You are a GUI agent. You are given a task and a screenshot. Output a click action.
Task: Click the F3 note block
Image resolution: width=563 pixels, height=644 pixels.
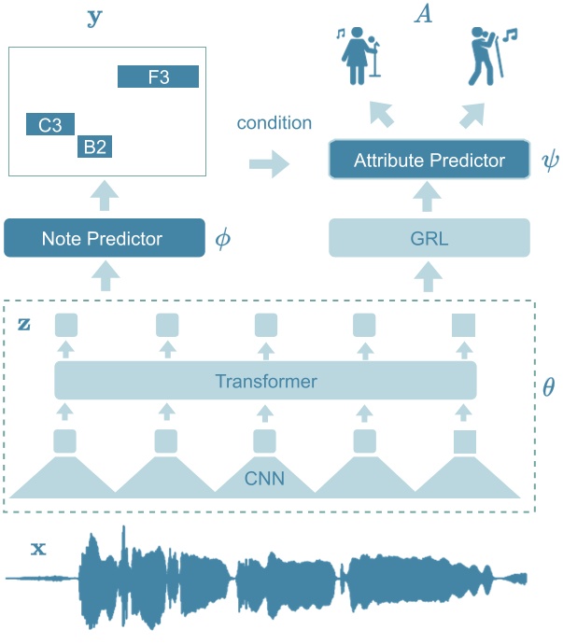coord(158,77)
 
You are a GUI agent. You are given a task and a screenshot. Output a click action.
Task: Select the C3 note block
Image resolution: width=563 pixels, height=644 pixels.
coord(49,124)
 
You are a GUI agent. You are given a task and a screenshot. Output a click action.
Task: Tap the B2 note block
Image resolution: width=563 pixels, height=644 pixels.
coord(94,146)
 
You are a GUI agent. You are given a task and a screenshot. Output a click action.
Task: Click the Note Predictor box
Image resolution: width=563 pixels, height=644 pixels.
coord(104,239)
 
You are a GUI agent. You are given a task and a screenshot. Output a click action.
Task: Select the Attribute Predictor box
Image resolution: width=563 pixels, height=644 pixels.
coord(429,161)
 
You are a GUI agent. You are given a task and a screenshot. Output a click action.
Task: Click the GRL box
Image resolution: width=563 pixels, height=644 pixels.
coord(429,238)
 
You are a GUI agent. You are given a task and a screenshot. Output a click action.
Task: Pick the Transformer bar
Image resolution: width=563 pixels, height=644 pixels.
coord(265,381)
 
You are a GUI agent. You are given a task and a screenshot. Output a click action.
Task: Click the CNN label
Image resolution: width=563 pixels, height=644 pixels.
coord(265,481)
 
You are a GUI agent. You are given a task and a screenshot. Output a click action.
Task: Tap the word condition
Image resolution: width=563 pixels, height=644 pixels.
coord(274,123)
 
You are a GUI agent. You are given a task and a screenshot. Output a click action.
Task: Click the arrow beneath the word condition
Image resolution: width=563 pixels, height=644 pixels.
coord(269,164)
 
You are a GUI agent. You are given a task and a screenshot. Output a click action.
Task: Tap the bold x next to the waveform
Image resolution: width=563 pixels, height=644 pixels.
coord(37,549)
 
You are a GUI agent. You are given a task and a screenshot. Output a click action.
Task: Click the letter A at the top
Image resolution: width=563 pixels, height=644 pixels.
coord(425,16)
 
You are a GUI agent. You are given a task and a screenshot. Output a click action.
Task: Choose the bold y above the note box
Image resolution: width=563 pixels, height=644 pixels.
coord(93,18)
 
